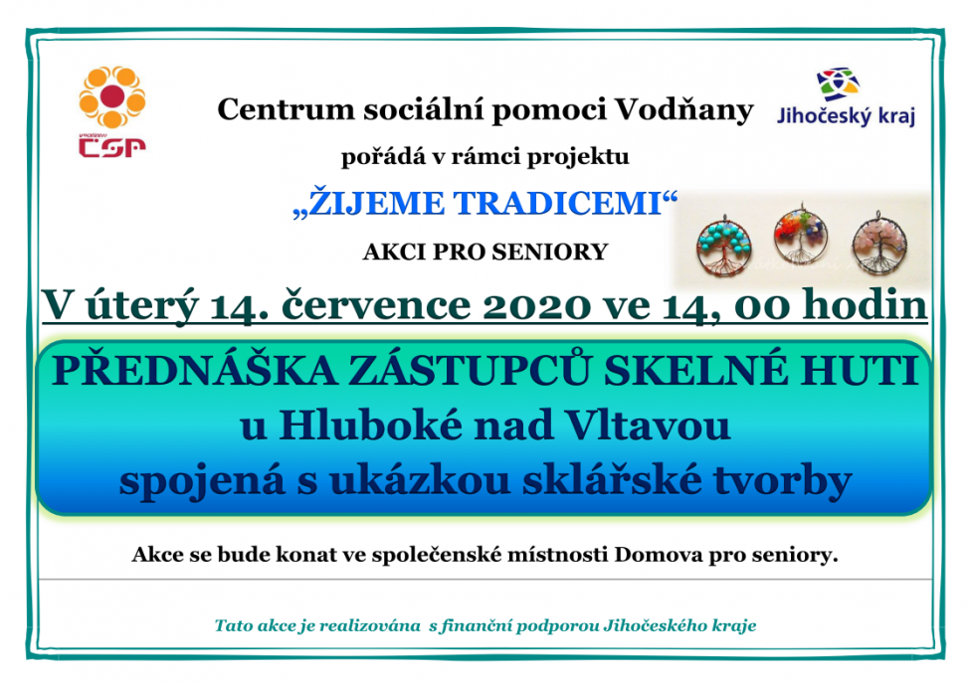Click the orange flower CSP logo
click(112, 97)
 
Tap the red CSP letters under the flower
click(112, 146)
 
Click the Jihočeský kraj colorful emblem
click(838, 85)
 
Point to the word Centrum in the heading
click(286, 110)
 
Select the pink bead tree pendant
click(879, 243)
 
